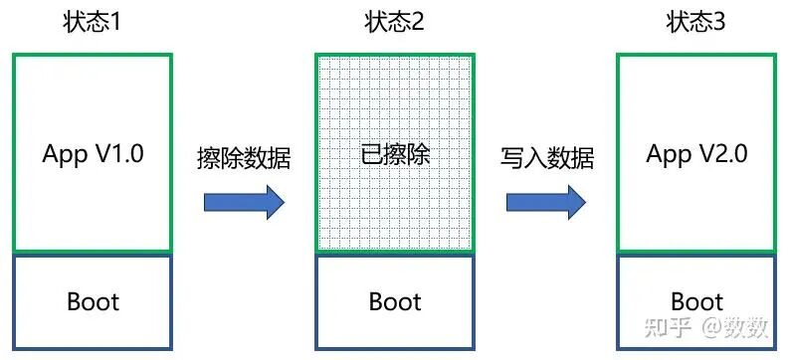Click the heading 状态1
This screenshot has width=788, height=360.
pos(92,23)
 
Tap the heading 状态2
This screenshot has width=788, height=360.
pos(395,23)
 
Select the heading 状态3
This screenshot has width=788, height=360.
pos(696,23)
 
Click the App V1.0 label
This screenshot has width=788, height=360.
pos(93,153)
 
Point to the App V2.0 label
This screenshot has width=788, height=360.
pos(697,153)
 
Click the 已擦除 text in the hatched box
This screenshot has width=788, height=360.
pos(395,156)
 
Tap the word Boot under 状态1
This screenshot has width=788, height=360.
pos(93,301)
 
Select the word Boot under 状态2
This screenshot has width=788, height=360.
pos(395,301)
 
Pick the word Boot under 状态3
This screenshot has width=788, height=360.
pos(697,301)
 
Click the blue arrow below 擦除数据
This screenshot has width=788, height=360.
pos(244,202)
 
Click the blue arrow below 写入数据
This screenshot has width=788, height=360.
pos(546,202)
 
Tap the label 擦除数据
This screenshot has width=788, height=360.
pos(244,159)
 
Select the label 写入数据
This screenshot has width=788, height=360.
pos(547,159)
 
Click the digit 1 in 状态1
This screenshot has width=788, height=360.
pos(114,23)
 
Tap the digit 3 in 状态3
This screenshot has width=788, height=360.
pos(719,23)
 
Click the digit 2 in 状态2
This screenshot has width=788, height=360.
pos(418,23)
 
